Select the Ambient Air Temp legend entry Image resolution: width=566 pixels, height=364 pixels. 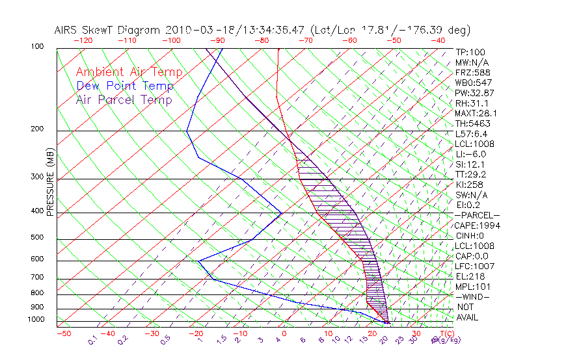tap(129, 72)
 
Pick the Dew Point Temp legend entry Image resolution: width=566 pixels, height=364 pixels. tap(125, 86)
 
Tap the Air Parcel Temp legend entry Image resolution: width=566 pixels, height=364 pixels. tap(124, 99)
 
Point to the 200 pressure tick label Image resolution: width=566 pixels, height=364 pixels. tap(38, 129)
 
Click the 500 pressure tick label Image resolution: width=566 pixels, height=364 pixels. tap(38, 237)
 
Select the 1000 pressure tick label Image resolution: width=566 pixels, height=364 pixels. tap(36, 319)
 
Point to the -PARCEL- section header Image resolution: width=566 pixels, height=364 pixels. tap(477, 215)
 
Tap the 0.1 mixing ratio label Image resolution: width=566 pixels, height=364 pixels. tap(92, 340)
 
